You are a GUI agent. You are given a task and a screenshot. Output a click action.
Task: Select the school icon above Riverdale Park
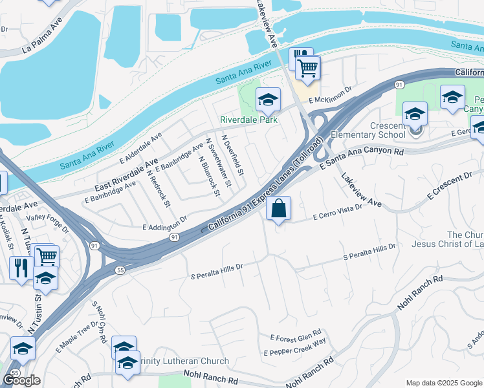pyautogui.click(x=268, y=100)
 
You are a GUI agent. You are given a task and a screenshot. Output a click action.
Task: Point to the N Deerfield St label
pyautogui.click(x=232, y=155)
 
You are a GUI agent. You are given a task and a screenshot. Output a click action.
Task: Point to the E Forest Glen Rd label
pyautogui.click(x=296, y=337)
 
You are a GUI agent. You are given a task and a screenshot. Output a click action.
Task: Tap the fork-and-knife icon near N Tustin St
pyautogui.click(x=21, y=266)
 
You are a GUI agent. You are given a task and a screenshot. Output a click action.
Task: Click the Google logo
pyautogui.click(x=21, y=380)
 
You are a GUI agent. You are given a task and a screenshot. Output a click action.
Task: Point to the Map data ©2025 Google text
pyautogui.click(x=444, y=383)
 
